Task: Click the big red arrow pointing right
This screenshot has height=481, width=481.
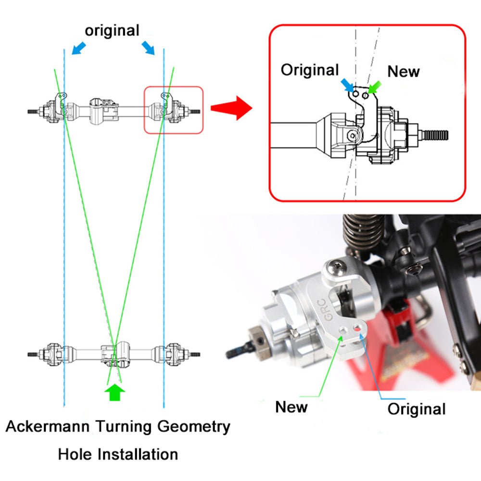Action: pos(231,109)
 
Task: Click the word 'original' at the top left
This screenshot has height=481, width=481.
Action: pos(112,31)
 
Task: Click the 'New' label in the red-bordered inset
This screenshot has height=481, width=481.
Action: pos(404,72)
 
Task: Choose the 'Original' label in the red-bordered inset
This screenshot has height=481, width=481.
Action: pos(310,70)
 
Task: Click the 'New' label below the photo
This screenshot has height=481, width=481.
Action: pos(291,407)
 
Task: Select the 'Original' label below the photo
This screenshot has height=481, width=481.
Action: pos(417,409)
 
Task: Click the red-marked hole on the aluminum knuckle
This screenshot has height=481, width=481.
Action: pos(356,329)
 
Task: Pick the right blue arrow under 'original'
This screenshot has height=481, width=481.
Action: pos(148,47)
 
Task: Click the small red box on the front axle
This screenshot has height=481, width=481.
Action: pos(174,110)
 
